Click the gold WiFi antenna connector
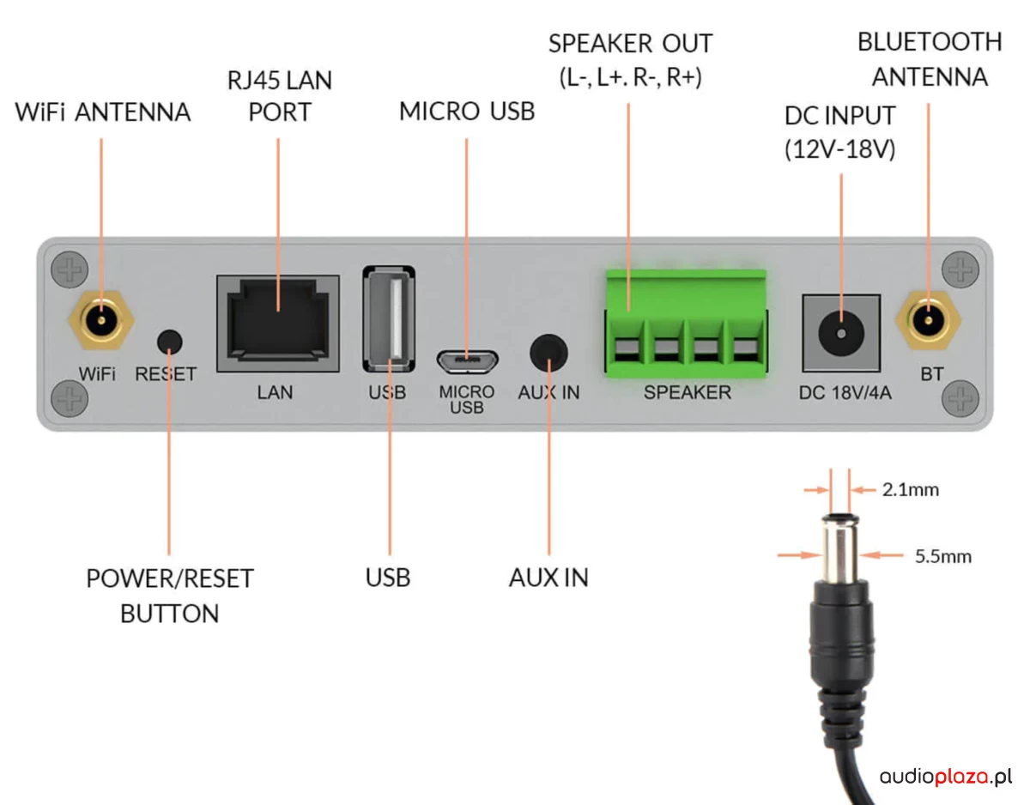(100, 324)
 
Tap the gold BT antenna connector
(927, 324)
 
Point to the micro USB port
(466, 360)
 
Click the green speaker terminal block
(684, 324)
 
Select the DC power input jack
(841, 330)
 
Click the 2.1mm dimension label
(910, 490)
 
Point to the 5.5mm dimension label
(942, 556)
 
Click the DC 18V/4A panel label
(845, 394)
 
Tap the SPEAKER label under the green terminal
(688, 393)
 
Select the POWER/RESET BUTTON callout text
(170, 596)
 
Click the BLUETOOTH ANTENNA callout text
(930, 58)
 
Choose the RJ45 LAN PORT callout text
(279, 95)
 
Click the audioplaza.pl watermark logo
(945, 777)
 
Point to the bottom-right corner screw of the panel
(960, 399)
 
